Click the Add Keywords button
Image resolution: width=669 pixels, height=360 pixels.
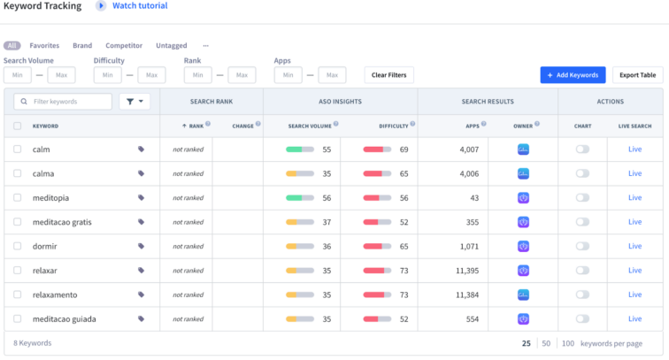click(573, 75)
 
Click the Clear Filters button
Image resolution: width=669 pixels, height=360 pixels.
click(389, 75)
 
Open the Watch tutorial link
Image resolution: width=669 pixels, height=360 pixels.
click(140, 6)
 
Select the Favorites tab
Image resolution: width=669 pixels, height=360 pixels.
click(44, 45)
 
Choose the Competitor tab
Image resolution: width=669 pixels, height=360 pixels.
click(124, 45)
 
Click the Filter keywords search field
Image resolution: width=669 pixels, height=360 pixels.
click(62, 102)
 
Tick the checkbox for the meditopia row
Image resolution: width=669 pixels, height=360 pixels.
click(18, 198)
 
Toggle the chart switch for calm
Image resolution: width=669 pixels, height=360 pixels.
click(582, 149)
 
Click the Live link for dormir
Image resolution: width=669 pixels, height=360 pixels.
click(634, 246)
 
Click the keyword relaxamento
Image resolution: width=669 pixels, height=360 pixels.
click(55, 295)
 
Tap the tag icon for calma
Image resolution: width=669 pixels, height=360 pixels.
click(142, 174)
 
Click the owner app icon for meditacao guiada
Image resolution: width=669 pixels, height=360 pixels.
click(523, 318)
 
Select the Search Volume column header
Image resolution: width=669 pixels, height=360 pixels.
click(310, 126)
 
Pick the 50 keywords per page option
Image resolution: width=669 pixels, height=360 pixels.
click(546, 342)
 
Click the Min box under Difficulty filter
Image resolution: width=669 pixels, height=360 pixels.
click(106, 75)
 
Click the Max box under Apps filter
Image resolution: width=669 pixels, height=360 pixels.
click(332, 75)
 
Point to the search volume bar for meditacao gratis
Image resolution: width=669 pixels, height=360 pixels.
click(299, 222)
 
